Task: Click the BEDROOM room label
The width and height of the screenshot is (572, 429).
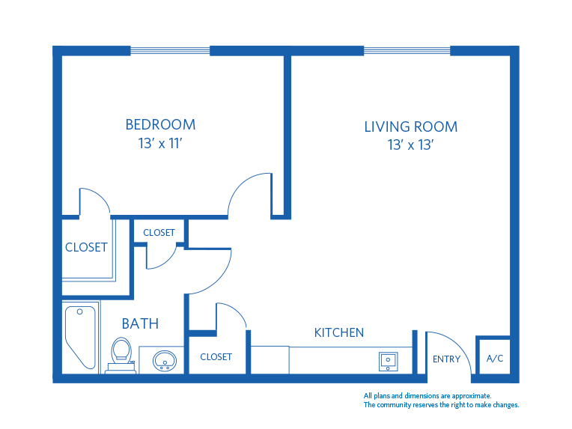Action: click(160, 124)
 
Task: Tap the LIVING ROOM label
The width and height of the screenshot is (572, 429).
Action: click(410, 127)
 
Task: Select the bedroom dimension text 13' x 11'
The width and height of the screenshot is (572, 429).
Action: click(160, 143)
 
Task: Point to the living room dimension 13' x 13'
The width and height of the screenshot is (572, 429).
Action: click(411, 145)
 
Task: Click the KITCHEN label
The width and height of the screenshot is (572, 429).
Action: click(338, 332)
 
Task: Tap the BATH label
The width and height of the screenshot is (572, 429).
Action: click(140, 323)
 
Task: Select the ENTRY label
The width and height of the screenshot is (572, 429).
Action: click(446, 359)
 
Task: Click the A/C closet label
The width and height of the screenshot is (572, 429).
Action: click(495, 359)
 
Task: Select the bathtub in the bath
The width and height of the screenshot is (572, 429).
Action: click(80, 337)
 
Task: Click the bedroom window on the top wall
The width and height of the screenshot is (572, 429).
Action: click(170, 51)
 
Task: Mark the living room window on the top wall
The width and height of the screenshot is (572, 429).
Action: click(407, 51)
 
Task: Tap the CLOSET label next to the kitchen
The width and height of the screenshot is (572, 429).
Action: click(216, 357)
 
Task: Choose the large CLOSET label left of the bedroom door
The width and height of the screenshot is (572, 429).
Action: click(86, 247)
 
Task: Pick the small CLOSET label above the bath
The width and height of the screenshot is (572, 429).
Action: click(159, 233)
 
